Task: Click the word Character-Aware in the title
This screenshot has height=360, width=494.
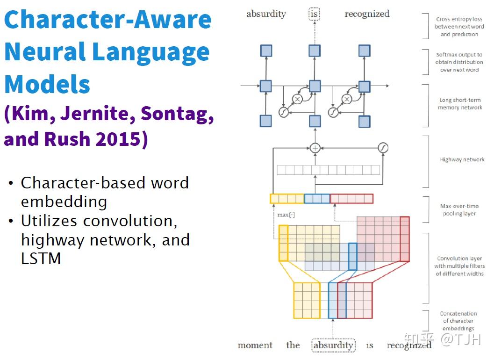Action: [107, 21]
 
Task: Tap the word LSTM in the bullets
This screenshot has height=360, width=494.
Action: [41, 259]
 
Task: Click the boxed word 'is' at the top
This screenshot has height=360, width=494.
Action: [315, 14]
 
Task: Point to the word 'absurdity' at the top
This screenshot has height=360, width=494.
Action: [266, 14]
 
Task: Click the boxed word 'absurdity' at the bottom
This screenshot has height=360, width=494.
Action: [333, 346]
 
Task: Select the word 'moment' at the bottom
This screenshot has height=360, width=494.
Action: [255, 346]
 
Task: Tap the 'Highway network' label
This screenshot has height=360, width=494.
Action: [462, 159]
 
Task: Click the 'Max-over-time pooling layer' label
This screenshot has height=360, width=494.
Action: [459, 209]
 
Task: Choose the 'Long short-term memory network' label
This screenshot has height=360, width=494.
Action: [459, 104]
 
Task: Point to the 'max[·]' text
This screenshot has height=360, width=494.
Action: [286, 215]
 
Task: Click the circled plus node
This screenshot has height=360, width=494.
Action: [315, 148]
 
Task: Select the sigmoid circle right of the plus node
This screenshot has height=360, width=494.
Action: [383, 148]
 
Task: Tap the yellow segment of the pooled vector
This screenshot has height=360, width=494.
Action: [287, 199]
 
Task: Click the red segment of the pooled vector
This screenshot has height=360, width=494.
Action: [351, 199]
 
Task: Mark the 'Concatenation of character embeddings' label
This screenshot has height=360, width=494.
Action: [458, 321]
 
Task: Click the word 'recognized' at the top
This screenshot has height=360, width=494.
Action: [367, 14]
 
